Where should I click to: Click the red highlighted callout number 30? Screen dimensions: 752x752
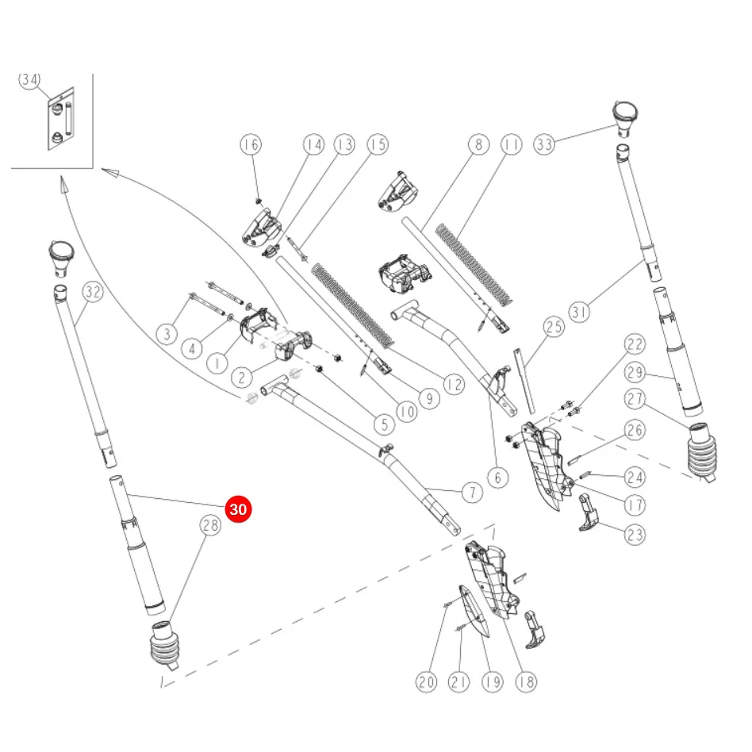click(238, 508)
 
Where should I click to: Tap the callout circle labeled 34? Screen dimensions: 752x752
click(29, 79)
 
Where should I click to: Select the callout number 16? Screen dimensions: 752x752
click(251, 144)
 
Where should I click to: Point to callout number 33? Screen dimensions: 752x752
click(544, 144)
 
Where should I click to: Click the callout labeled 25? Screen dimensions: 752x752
click(554, 327)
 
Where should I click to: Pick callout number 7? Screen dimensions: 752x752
click(473, 493)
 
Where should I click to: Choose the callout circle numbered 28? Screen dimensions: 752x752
click(210, 525)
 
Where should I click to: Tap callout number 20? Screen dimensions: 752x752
click(426, 681)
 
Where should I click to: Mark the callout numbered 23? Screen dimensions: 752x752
click(635, 535)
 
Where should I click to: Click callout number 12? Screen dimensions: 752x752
click(454, 384)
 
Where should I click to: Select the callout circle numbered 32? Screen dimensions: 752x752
click(93, 292)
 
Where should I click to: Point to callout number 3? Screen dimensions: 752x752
click(167, 334)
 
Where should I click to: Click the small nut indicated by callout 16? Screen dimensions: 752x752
click(259, 201)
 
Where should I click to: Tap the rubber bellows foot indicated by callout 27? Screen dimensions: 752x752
click(701, 451)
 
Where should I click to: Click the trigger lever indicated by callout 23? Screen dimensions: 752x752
click(589, 513)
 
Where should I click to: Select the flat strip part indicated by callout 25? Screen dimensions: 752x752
click(524, 381)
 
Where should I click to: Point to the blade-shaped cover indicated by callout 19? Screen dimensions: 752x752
click(474, 612)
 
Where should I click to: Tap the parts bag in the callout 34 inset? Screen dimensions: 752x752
click(61, 118)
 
